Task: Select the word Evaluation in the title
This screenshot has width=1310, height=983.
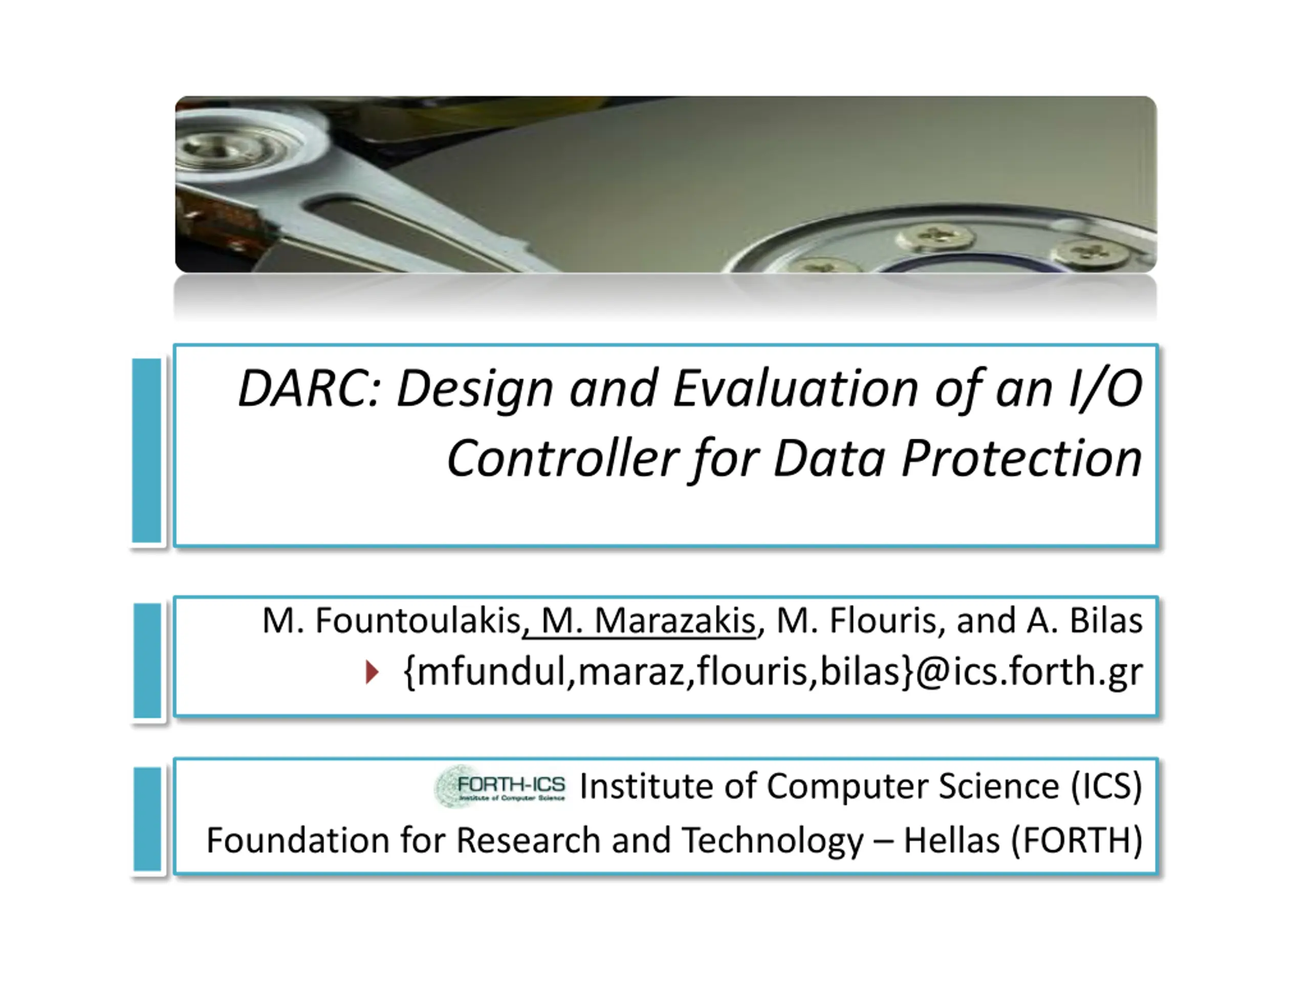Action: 795,389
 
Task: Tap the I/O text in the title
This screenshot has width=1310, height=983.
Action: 1105,389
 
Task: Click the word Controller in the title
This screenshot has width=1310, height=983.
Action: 562,459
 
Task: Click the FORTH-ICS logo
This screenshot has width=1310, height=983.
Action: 500,786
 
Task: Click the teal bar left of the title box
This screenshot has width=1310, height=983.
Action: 147,451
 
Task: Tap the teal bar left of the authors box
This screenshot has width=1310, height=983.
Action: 147,660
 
